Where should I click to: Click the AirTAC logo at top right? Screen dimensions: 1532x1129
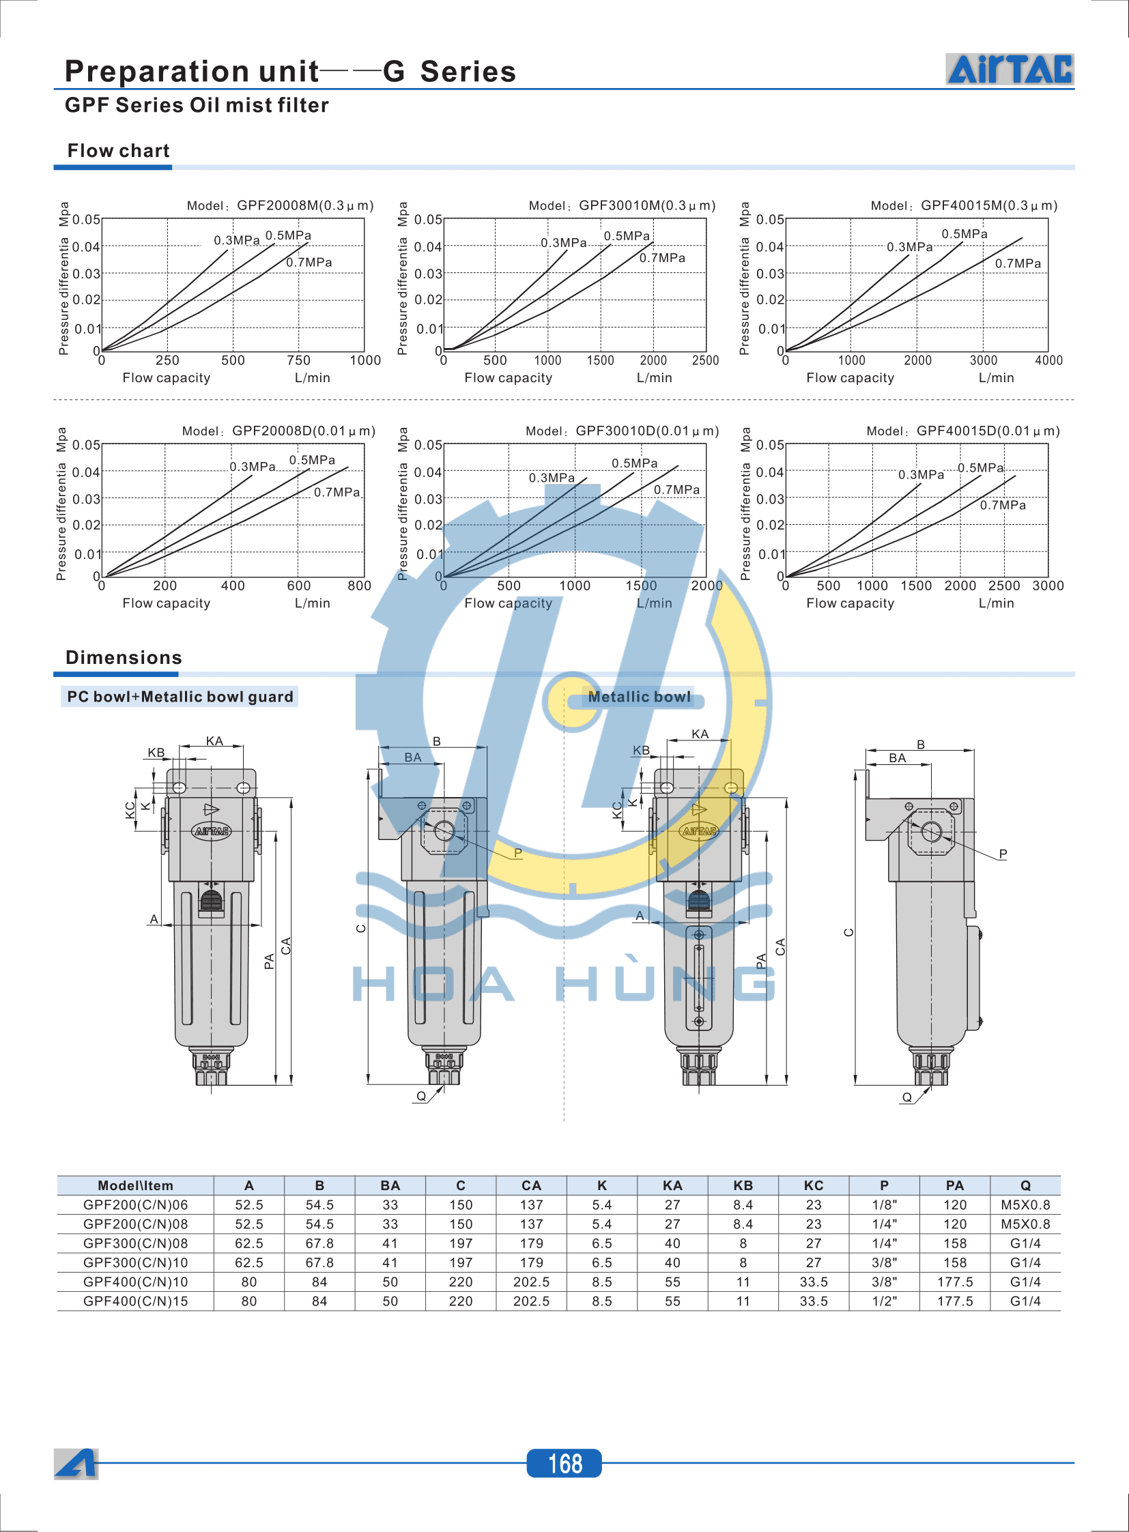click(1009, 69)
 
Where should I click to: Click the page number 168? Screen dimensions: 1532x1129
click(564, 1463)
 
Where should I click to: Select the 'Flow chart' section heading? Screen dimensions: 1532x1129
click(118, 150)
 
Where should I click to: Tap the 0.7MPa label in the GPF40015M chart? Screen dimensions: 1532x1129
click(1017, 264)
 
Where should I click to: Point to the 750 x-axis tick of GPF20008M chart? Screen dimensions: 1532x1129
click(298, 360)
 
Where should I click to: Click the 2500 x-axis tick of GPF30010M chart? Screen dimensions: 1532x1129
click(704, 360)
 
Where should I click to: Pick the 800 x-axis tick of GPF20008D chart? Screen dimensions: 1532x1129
click(359, 586)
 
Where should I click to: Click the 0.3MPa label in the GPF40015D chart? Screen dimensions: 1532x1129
click(920, 474)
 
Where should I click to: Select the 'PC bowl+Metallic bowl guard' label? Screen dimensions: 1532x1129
click(180, 696)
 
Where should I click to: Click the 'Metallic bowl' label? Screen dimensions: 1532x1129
click(639, 696)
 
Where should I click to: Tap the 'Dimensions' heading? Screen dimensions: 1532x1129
click(124, 657)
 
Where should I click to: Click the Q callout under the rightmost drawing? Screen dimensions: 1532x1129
click(906, 1097)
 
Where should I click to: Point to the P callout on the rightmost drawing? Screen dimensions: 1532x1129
click(1003, 854)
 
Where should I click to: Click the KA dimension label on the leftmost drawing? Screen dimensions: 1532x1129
click(214, 740)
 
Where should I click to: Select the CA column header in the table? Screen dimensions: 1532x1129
click(531, 1185)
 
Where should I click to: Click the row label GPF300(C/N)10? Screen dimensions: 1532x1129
click(135, 1262)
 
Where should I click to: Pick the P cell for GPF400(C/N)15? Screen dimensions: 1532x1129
click(884, 1301)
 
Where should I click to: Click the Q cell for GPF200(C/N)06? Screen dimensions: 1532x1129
click(1025, 1204)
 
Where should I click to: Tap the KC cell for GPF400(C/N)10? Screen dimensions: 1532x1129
click(813, 1282)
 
